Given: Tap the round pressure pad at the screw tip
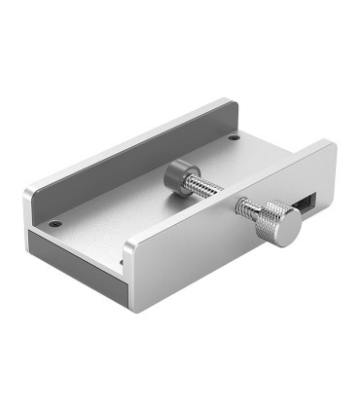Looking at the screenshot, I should (x=176, y=176).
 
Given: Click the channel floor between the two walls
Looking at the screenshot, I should (x=126, y=209).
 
